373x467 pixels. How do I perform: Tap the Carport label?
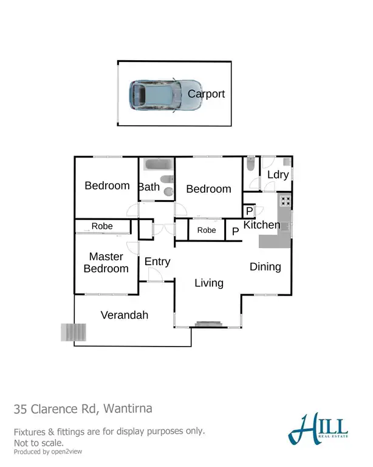click(x=206, y=94)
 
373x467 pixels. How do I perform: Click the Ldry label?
click(x=277, y=175)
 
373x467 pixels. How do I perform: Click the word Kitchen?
click(x=262, y=225)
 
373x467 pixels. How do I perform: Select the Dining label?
click(x=265, y=266)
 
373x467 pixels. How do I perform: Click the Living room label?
click(x=209, y=283)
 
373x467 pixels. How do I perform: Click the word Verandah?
click(x=124, y=315)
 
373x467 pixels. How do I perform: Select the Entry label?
click(x=157, y=261)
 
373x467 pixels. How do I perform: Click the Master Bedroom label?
click(x=106, y=263)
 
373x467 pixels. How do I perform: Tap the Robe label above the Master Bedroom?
click(x=102, y=226)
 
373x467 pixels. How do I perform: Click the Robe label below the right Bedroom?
click(x=207, y=230)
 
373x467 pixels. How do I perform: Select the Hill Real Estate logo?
click(x=318, y=429)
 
